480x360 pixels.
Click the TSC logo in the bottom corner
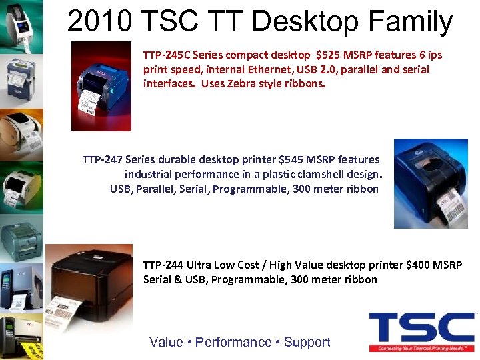(x=421, y=331)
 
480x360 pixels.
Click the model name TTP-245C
(x=165, y=55)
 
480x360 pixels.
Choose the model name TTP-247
(x=102, y=160)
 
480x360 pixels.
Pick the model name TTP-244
(x=163, y=265)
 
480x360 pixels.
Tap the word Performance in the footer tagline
(x=233, y=342)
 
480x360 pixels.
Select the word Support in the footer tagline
(x=307, y=342)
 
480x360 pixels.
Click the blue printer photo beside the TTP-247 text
(x=430, y=183)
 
